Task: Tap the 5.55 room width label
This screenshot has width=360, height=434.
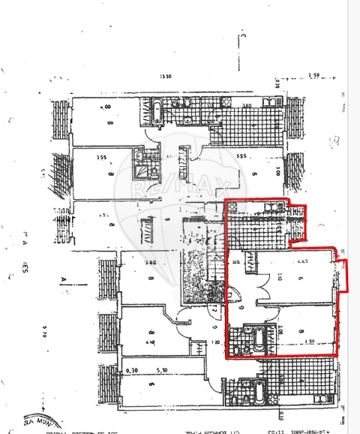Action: [x=241, y=156]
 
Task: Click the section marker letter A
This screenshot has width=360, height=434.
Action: [x=63, y=282]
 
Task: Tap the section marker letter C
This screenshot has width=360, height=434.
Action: [x=243, y=35]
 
